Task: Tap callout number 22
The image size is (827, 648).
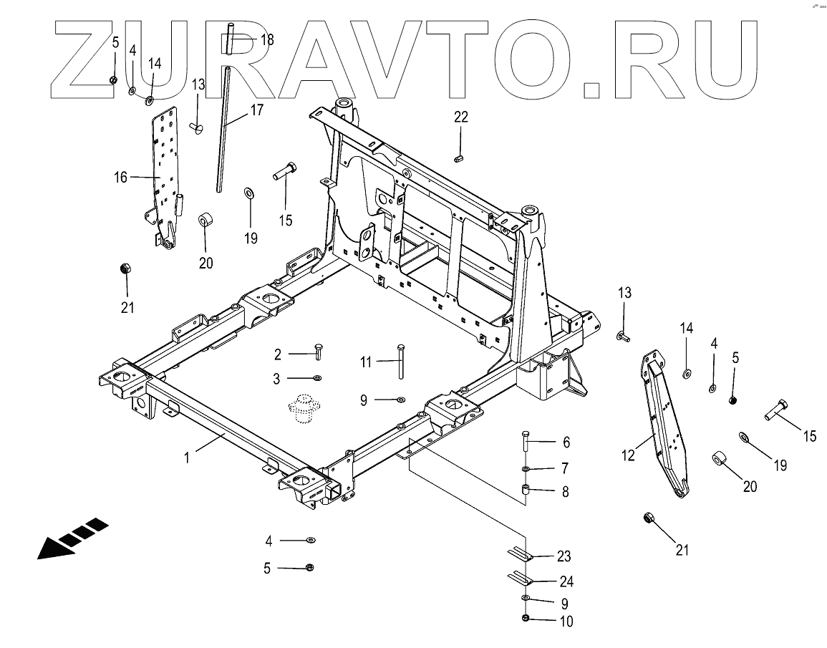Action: (460, 117)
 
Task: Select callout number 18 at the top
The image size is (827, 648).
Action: (266, 39)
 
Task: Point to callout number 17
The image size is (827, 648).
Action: (256, 110)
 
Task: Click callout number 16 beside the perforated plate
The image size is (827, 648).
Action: (120, 177)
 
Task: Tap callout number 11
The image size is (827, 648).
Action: (366, 362)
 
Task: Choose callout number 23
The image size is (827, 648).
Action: (565, 556)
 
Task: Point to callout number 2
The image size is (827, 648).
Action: (277, 354)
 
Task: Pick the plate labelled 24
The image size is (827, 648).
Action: (521, 577)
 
